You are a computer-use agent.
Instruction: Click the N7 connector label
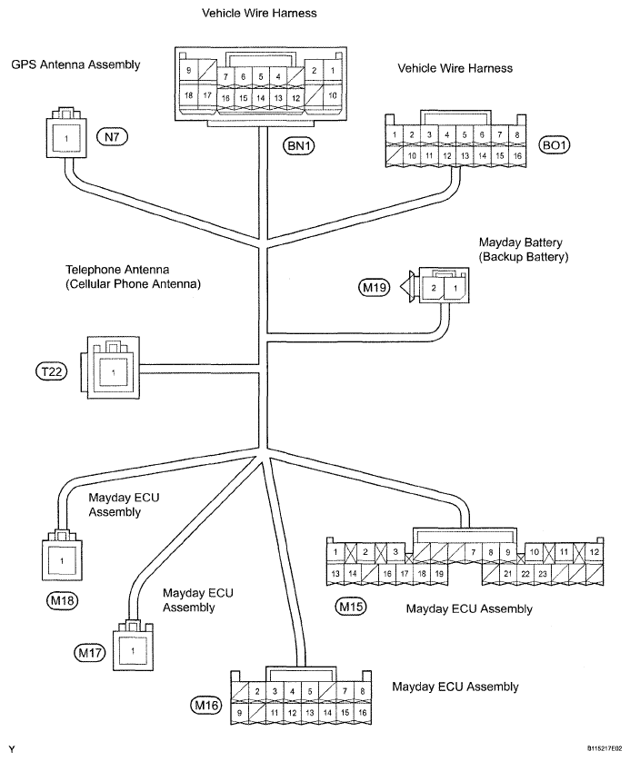[x=112, y=137]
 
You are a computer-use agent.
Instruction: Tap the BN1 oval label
[x=299, y=145]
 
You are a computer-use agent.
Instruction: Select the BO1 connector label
[x=555, y=145]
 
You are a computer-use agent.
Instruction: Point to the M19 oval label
[x=375, y=288]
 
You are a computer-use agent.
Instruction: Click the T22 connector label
[x=52, y=371]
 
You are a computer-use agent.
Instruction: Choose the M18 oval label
[x=62, y=601]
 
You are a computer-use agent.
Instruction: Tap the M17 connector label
[x=90, y=653]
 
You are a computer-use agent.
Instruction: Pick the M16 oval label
[x=206, y=705]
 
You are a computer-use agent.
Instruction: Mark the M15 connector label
[x=351, y=607]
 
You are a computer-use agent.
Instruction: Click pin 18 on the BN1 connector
[x=188, y=95]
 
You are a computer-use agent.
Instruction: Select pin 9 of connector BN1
[x=188, y=70]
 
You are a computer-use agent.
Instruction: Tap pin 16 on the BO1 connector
[x=517, y=156]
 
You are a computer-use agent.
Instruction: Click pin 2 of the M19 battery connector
[x=434, y=288]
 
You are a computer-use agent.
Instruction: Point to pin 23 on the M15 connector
[x=543, y=574]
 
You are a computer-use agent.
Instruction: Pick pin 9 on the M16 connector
[x=239, y=713]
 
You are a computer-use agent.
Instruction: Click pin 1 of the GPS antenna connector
[x=66, y=139]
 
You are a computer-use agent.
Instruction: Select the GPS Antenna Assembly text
[x=75, y=64]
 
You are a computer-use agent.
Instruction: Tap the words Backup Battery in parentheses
[x=524, y=257]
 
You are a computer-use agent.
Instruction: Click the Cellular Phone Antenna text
[x=133, y=284]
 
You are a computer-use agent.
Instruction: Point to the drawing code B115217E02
[x=605, y=749]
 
